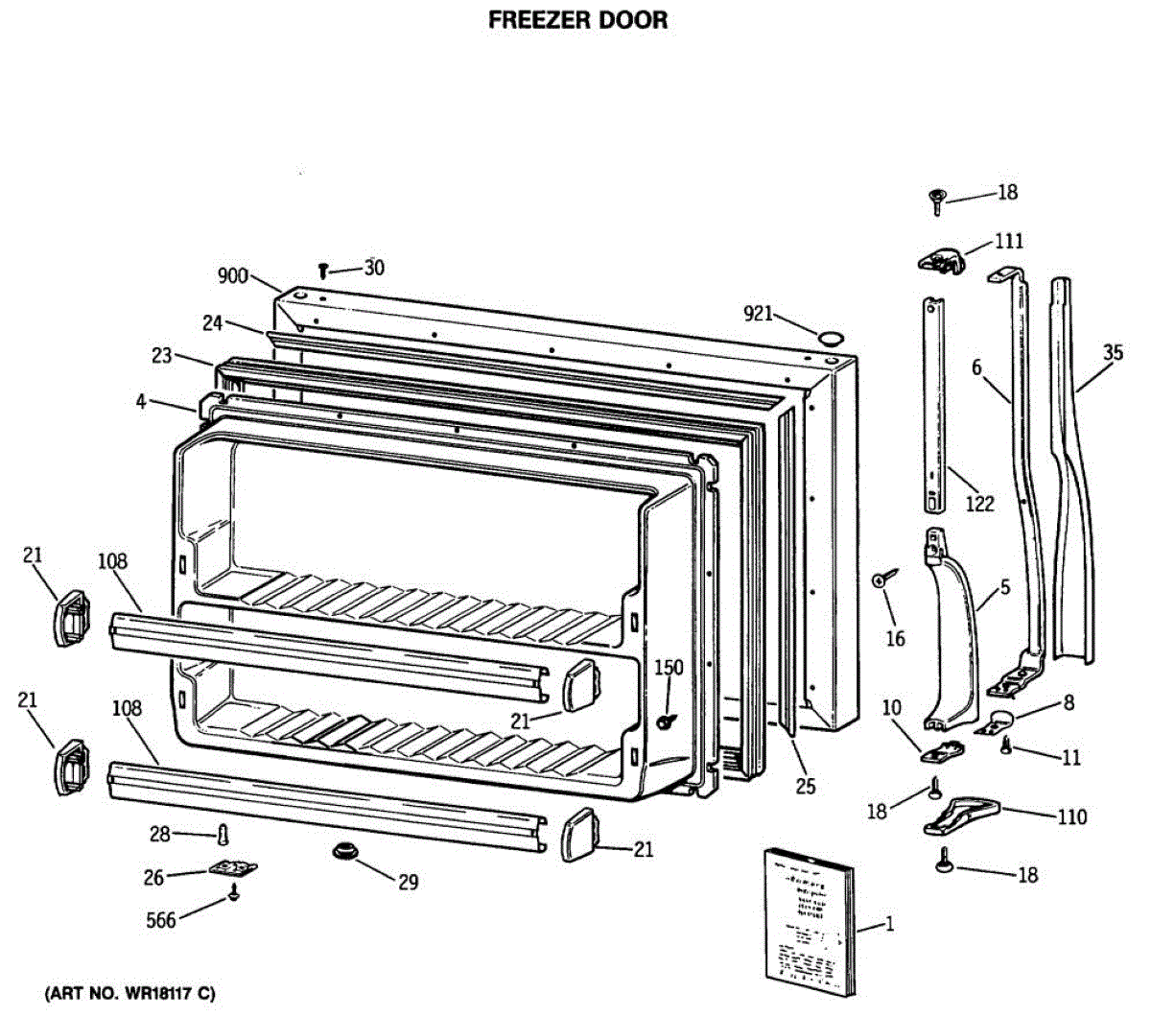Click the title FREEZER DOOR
577,20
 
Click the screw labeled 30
324,272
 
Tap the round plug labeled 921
831,337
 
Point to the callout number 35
1112,352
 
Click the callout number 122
979,503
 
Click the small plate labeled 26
233,869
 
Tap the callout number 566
160,921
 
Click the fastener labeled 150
663,721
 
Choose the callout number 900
233,277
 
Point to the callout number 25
806,787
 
